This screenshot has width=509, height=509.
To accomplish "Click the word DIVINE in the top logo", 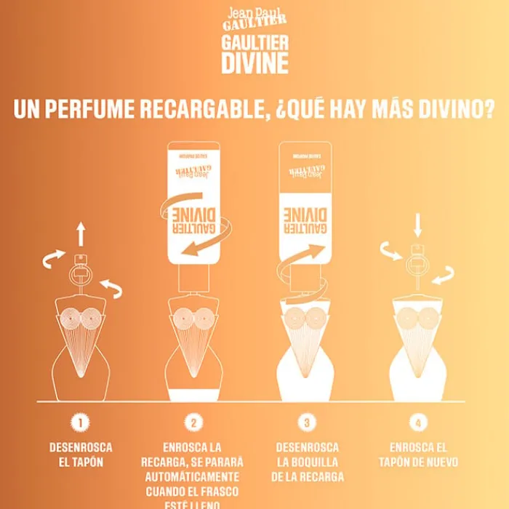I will click(x=254, y=63).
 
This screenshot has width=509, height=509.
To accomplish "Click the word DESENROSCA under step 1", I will click(x=81, y=447).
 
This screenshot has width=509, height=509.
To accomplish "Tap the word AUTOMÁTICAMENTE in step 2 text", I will click(x=193, y=476).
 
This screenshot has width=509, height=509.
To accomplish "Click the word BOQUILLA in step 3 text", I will click(x=316, y=462).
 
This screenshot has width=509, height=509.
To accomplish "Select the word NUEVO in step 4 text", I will click(x=439, y=462).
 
